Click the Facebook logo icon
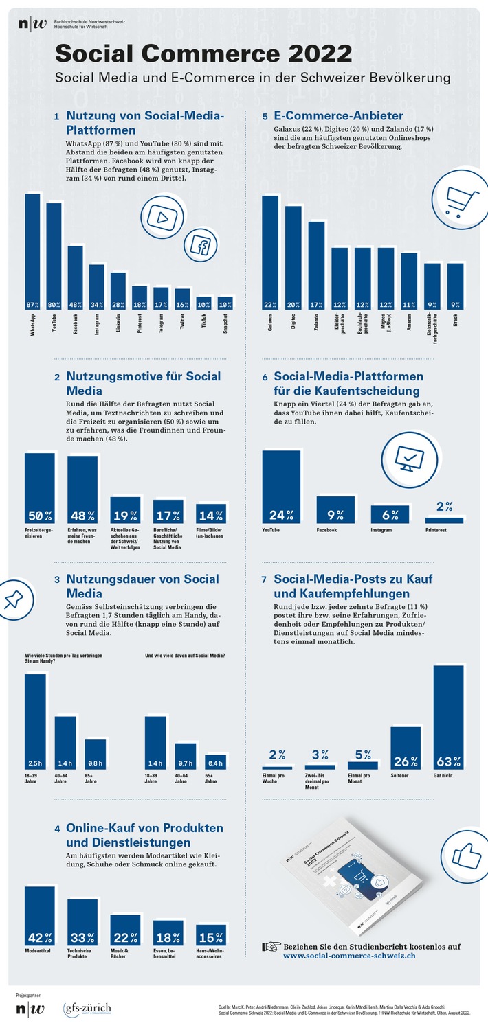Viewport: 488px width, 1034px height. (x=202, y=245)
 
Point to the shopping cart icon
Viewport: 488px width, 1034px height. (x=457, y=198)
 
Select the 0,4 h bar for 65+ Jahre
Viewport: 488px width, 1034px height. (x=216, y=762)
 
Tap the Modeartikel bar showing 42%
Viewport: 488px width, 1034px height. (x=40, y=917)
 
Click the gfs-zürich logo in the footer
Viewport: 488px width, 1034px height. (x=87, y=1009)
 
